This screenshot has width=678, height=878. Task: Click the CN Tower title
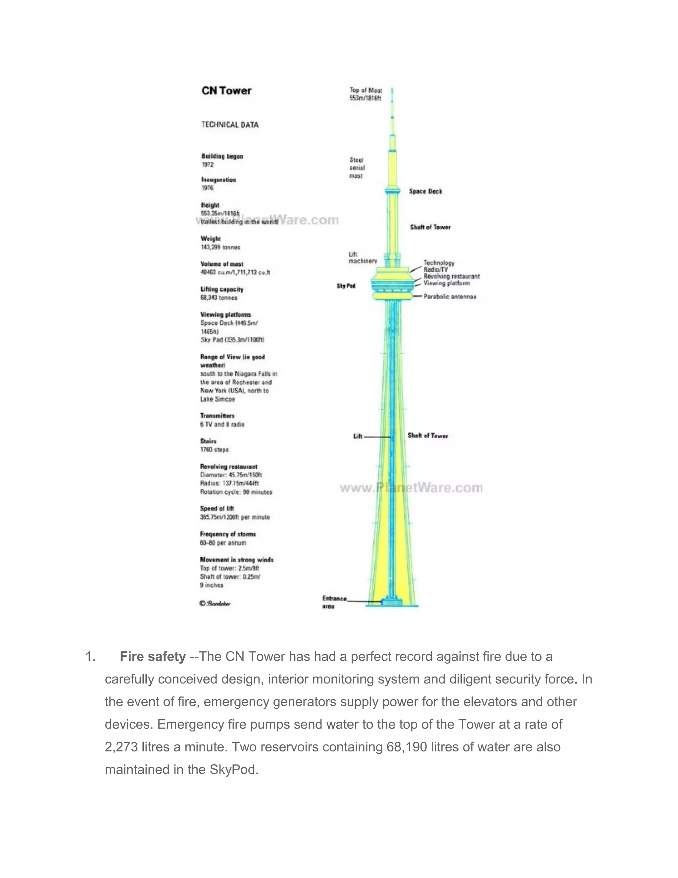tap(226, 91)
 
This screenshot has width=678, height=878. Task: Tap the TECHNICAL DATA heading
tap(230, 125)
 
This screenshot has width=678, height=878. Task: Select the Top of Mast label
tap(365, 94)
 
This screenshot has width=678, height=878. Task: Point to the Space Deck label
tap(425, 192)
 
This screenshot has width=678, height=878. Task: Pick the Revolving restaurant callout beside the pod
tap(452, 277)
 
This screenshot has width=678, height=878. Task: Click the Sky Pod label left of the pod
tap(346, 286)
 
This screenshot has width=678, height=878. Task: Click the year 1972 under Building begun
tap(208, 165)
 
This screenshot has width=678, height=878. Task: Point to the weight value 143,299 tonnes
tap(220, 247)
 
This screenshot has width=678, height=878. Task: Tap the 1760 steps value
tap(215, 450)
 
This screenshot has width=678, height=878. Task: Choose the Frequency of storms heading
tap(228, 534)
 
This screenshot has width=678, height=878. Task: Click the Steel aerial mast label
tap(357, 168)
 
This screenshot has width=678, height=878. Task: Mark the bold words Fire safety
tap(153, 657)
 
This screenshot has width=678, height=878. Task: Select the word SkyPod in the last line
tap(232, 769)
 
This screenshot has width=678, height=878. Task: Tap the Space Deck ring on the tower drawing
tap(392, 191)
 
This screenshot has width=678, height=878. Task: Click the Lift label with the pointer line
tap(358, 437)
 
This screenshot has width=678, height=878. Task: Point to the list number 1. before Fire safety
tap(90, 657)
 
